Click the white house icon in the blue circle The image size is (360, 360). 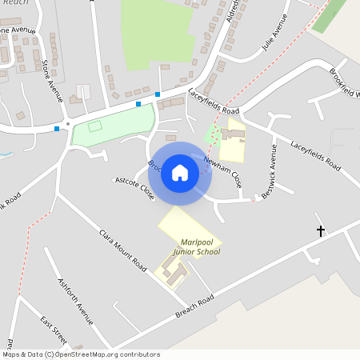(x=180, y=172)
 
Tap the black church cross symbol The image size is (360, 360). (x=321, y=231)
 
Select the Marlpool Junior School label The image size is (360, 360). (x=190, y=246)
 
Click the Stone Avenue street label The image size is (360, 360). (x=52, y=80)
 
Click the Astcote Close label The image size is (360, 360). (x=134, y=187)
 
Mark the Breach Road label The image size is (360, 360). (x=196, y=306)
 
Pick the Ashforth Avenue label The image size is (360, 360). (x=75, y=301)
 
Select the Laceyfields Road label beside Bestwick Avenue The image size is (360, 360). (x=315, y=157)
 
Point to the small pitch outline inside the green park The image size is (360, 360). (x=95, y=126)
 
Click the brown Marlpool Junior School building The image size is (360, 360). (x=176, y=272)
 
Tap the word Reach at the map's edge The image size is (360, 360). (x=16, y=3)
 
